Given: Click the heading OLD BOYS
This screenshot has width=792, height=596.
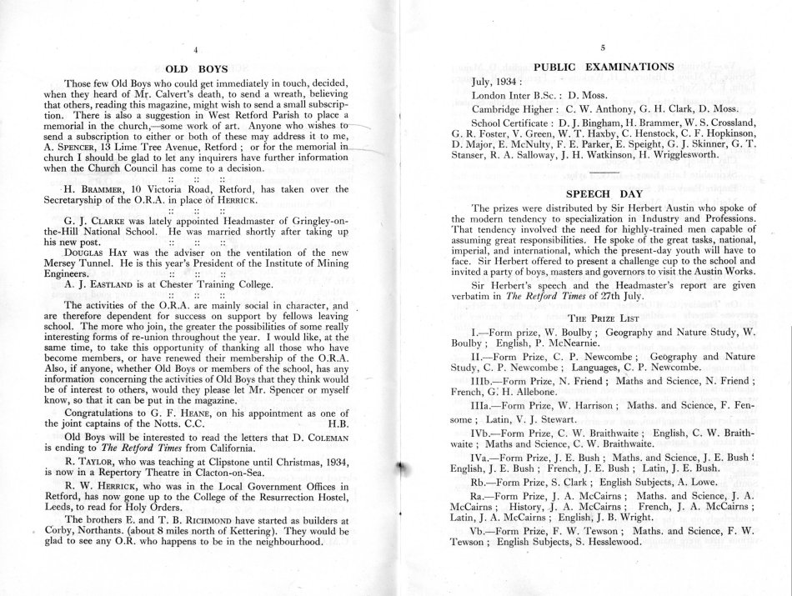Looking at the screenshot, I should click(x=193, y=70).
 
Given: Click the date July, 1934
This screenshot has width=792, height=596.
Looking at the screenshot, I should click(x=498, y=83).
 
